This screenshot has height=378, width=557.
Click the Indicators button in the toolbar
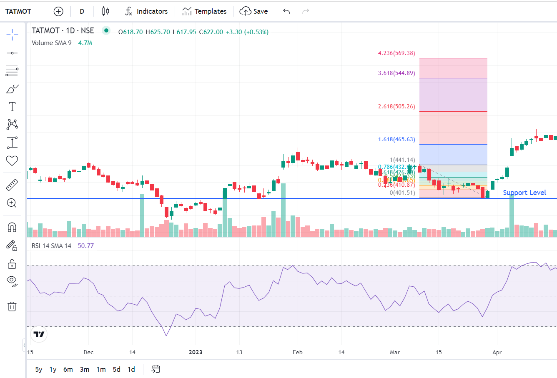click(x=146, y=11)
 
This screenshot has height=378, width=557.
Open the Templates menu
click(x=204, y=11)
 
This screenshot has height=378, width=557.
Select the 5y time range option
click(x=39, y=369)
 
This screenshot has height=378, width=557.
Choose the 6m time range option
click(x=68, y=369)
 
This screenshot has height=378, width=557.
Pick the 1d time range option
click(x=131, y=369)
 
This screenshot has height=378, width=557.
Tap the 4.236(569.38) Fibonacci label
click(x=396, y=53)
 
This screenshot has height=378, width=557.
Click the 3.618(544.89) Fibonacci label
click(x=396, y=73)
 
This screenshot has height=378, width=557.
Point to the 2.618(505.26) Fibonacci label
click(x=396, y=106)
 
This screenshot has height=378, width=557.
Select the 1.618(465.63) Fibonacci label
click(x=396, y=139)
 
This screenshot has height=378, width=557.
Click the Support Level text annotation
click(x=524, y=193)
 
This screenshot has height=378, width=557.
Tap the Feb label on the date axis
click(x=298, y=352)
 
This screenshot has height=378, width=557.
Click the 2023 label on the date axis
click(x=196, y=352)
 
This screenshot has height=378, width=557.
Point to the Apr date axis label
click(x=497, y=352)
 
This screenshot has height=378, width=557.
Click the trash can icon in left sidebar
click(x=12, y=307)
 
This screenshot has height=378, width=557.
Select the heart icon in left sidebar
click(x=12, y=160)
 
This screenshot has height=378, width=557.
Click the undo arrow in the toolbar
click(x=286, y=11)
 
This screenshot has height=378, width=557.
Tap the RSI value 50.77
click(x=85, y=246)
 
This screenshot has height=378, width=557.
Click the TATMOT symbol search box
click(x=18, y=11)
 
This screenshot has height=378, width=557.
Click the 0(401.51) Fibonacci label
click(x=402, y=193)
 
